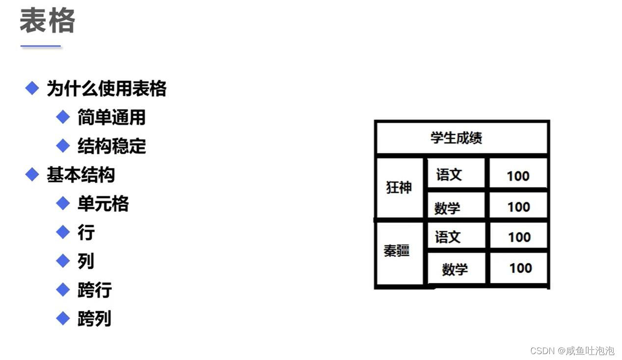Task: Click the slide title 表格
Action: click(x=47, y=22)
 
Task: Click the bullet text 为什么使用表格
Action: click(x=107, y=89)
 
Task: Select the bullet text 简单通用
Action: click(x=111, y=117)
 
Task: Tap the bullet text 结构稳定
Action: click(x=111, y=146)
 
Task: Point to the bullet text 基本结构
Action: click(x=81, y=175)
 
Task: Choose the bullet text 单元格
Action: click(x=103, y=203)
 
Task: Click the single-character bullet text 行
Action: click(x=86, y=232)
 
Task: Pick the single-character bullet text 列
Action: click(x=86, y=261)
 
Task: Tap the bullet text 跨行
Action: click(x=94, y=290)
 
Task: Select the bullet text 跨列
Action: click(x=94, y=318)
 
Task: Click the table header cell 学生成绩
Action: click(x=456, y=138)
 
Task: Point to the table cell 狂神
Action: click(x=399, y=188)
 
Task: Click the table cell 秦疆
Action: click(x=397, y=251)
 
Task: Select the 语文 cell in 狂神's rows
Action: click(x=449, y=174)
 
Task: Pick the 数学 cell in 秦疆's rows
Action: click(x=455, y=269)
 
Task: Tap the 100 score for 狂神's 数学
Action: click(x=518, y=207)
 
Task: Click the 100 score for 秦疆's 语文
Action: click(x=519, y=237)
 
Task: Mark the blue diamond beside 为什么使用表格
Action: click(x=32, y=88)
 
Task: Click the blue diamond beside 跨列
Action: click(x=63, y=318)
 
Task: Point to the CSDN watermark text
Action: click(x=572, y=351)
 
